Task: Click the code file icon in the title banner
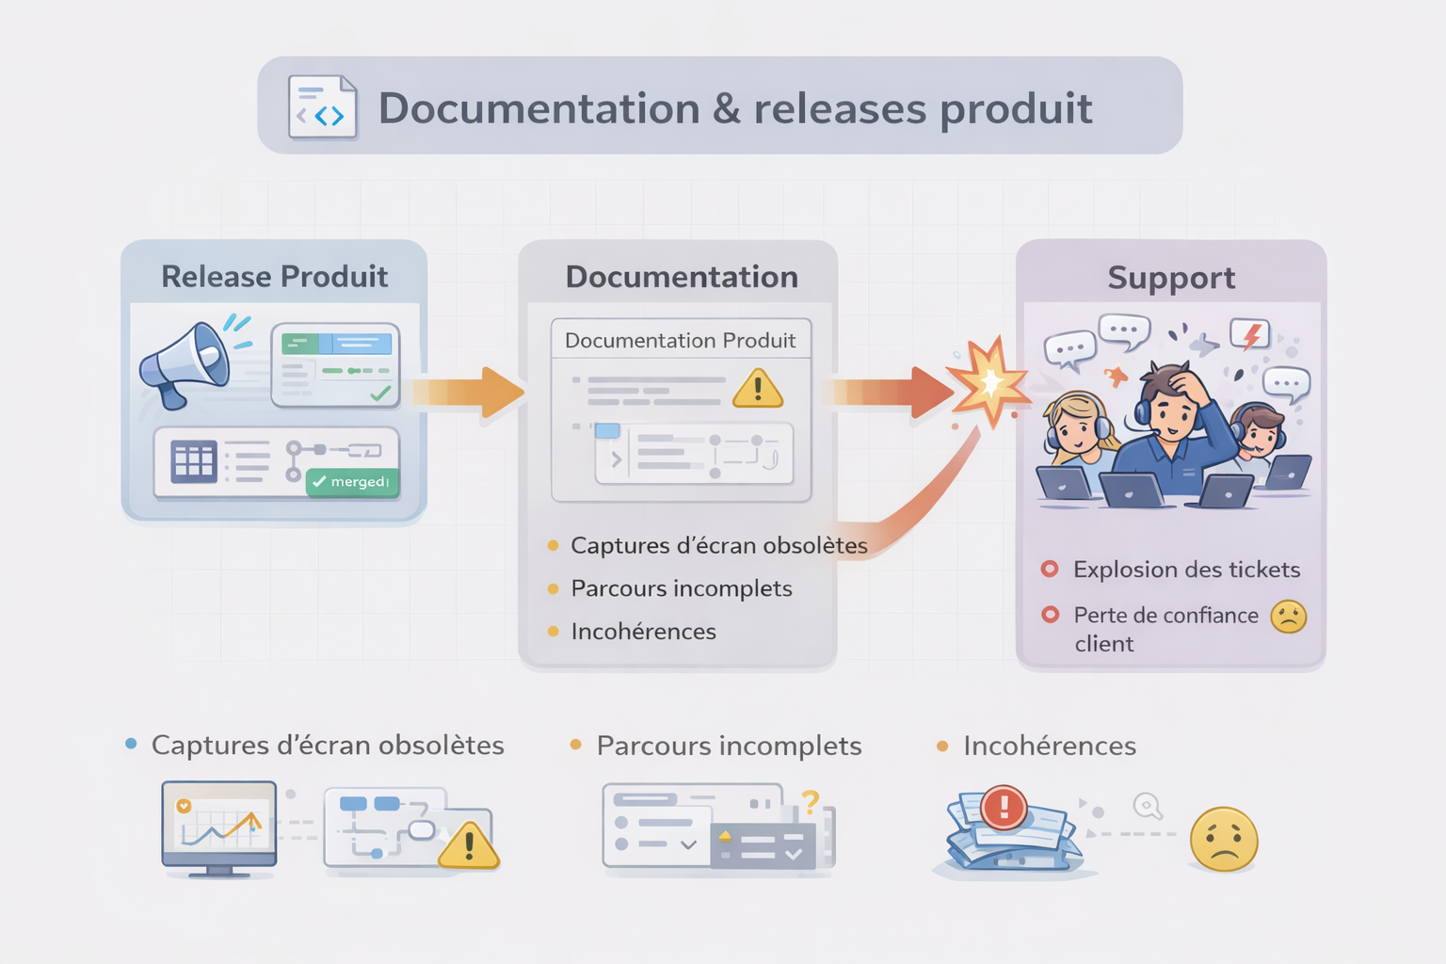323,107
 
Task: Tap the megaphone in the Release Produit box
185,364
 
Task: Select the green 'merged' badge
352,482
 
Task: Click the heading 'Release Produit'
274,277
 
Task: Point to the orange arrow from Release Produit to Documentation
468,392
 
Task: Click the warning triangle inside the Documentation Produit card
758,388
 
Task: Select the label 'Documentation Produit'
680,341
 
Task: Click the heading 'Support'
1170,279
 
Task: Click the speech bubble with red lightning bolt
1251,334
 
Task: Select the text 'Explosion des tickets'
1186,570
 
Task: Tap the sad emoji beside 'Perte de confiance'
1288,617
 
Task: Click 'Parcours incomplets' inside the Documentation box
682,588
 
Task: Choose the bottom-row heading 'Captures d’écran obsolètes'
328,746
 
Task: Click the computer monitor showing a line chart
219,825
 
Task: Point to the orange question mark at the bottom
810,802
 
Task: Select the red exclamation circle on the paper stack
1004,807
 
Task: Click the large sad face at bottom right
1223,839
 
